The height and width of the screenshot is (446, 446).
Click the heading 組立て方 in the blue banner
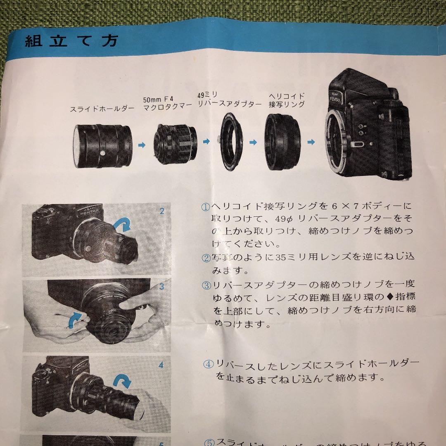[x=71, y=41]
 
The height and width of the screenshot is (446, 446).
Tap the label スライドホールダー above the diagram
[x=102, y=109]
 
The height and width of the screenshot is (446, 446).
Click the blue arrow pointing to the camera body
[x=311, y=142]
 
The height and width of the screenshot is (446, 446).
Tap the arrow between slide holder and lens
[x=142, y=145]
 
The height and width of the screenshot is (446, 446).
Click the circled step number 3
[x=206, y=285]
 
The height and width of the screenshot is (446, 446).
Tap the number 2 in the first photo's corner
[x=162, y=212]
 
